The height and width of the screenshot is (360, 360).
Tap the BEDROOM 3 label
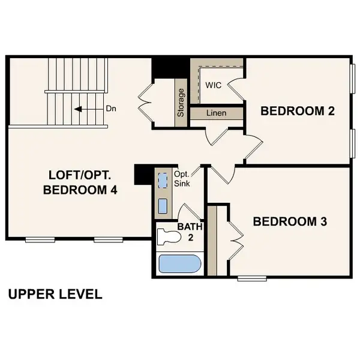290,221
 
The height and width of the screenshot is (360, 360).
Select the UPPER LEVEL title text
55,295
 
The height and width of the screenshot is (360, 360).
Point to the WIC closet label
213,85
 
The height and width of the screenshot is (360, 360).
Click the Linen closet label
216,113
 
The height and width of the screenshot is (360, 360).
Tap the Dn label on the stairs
111,109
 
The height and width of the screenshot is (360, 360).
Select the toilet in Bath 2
169,238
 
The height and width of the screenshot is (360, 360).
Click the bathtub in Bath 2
179,264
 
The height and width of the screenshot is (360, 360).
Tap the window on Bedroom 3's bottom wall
252,278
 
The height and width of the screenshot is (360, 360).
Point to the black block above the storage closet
162,67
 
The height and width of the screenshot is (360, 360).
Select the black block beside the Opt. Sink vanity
142,175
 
